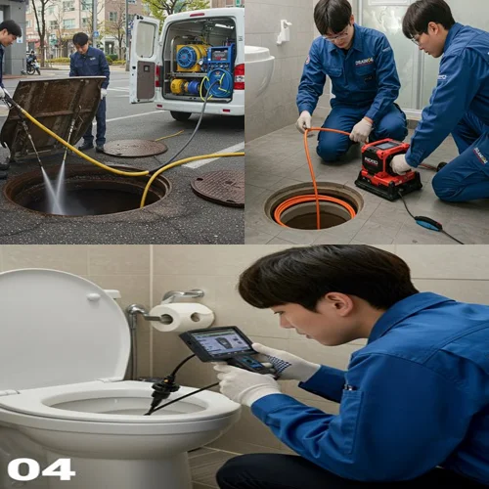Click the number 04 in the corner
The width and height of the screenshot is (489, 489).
tap(40, 468)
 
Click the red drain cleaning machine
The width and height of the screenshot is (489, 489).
tap(387, 168)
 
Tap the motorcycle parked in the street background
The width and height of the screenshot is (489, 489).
tap(32, 64)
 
